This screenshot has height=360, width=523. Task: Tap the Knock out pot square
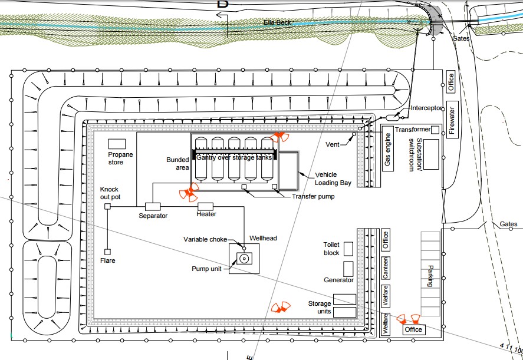[x=107, y=206]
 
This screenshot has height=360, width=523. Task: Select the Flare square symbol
[x=107, y=252]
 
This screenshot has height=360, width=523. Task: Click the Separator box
[x=153, y=206]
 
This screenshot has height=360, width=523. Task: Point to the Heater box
[x=205, y=206]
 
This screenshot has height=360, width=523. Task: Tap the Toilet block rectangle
[x=348, y=249]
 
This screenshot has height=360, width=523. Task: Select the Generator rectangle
[x=348, y=269]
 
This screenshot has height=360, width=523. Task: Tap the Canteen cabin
[x=386, y=268]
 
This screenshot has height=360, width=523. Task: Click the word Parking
[x=430, y=276]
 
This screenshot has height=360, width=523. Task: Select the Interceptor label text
[x=426, y=108]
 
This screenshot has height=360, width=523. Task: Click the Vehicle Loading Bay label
[x=333, y=179]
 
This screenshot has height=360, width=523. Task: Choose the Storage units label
[x=320, y=308]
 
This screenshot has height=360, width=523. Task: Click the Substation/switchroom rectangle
[x=431, y=155]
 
